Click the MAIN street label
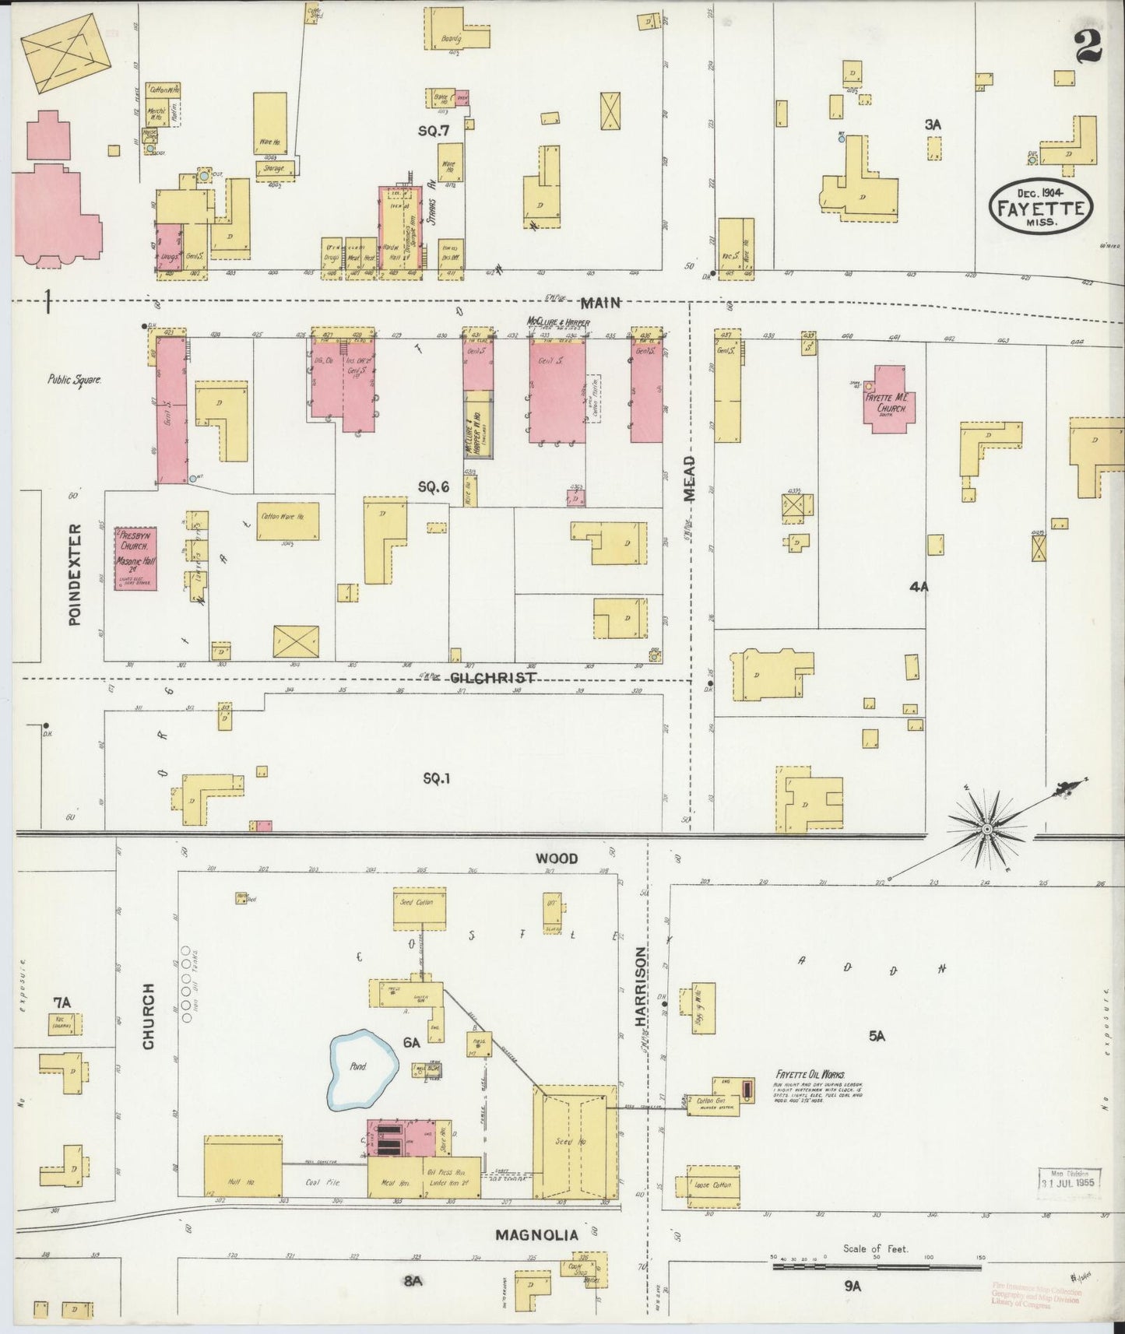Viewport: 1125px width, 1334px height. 599,302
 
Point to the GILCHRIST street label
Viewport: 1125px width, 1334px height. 493,678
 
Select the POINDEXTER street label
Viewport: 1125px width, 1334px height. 75,574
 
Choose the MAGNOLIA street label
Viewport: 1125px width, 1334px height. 537,1234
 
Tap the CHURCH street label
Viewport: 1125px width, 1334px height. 148,1016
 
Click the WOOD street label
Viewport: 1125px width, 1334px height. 556,858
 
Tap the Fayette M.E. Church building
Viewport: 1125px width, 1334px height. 888,397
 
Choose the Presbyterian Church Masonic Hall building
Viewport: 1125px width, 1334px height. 137,558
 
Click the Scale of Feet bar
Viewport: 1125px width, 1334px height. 875,1267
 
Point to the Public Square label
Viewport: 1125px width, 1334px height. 75,381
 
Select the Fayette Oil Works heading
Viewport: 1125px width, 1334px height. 810,1073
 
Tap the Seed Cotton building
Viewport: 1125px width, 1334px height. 419,908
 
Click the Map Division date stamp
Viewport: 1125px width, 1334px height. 1071,1177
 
